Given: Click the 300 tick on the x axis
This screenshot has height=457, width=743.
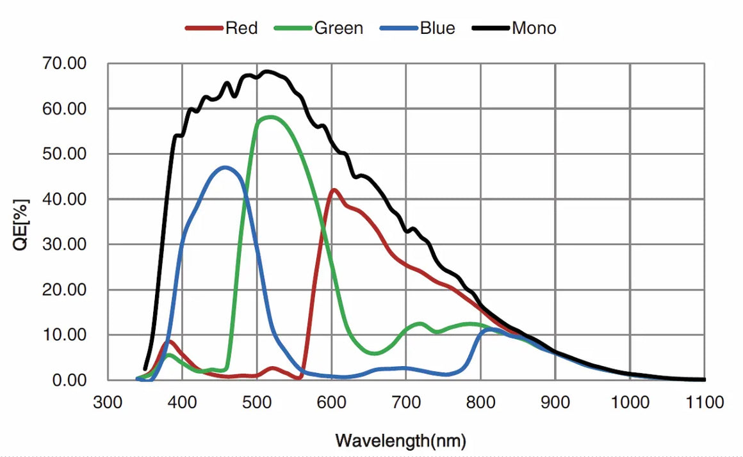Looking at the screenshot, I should tap(108, 403).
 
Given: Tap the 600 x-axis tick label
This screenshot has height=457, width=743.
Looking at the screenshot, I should tap(331, 403).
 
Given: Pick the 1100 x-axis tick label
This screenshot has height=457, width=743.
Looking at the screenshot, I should tap(704, 403).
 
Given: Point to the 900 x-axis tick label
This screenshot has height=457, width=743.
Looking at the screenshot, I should tap(555, 403).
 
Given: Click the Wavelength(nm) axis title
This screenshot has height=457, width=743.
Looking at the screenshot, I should tap(400, 440).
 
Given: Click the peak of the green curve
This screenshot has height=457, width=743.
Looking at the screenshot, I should tap(270, 117).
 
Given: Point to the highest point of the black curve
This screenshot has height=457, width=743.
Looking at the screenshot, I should tap(266, 71).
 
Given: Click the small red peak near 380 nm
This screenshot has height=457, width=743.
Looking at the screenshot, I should tap(170, 341).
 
